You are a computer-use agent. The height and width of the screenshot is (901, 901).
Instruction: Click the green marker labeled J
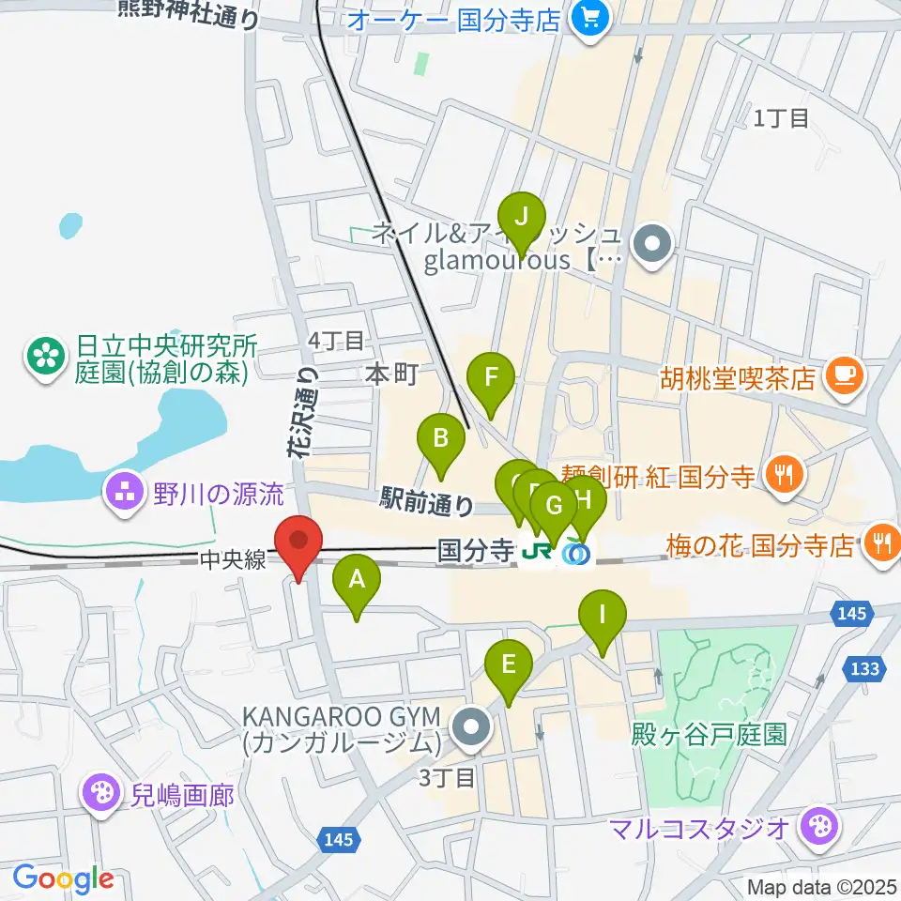point(521,218)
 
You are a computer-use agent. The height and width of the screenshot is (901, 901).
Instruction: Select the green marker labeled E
point(508,665)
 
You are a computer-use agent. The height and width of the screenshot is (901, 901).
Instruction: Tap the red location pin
point(298,542)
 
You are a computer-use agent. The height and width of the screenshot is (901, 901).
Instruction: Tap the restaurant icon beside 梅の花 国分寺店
point(882,542)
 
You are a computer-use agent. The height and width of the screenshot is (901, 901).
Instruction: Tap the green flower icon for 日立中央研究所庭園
point(43,356)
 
